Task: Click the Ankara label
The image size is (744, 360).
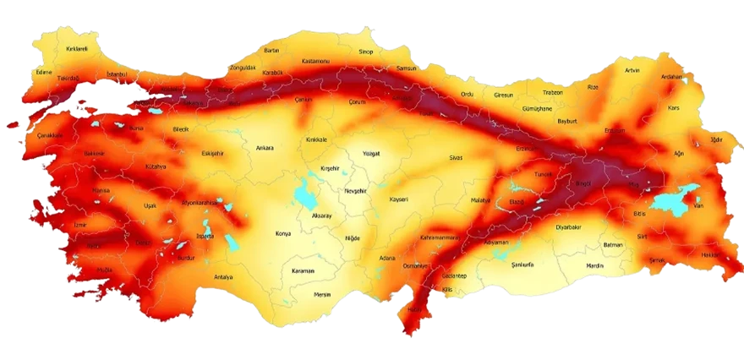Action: click(x=265, y=148)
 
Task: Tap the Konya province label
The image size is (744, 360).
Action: click(x=283, y=233)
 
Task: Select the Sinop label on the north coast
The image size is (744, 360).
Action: click(x=365, y=52)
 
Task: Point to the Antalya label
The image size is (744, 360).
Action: click(x=223, y=276)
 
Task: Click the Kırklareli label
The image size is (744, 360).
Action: click(x=77, y=49)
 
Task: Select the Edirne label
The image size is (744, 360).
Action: click(x=44, y=72)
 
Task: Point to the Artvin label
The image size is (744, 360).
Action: click(x=632, y=70)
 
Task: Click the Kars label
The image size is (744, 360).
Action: click(x=674, y=108)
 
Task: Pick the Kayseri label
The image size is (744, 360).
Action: click(x=399, y=199)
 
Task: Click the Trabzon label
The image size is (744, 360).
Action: click(x=553, y=91)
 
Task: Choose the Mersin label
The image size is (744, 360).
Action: click(x=322, y=295)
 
